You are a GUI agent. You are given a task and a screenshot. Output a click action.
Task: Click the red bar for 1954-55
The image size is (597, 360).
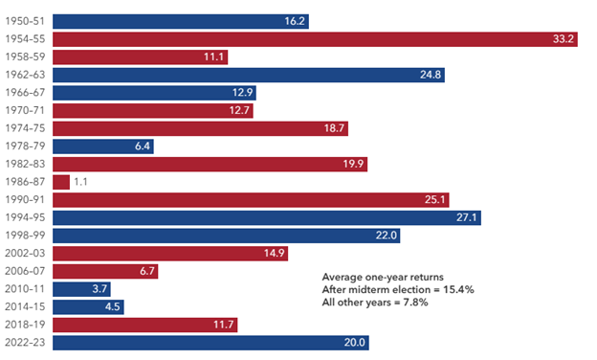(316, 39)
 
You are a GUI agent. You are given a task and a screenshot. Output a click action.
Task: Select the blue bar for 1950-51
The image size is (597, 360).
(181, 21)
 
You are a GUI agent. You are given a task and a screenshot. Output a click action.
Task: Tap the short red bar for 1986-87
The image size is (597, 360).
(61, 182)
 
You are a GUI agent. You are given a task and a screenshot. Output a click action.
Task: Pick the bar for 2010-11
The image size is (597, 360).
(82, 289)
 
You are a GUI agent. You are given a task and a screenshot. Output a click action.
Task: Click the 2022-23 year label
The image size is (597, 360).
(25, 343)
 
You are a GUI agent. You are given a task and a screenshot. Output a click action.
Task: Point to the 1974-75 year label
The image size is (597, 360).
(25, 128)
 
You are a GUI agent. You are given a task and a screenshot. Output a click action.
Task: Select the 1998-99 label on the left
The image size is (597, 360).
(25, 236)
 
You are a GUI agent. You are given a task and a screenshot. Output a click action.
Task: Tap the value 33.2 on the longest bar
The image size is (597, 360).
(564, 39)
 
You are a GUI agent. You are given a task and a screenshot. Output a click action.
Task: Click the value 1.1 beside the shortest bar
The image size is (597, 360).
(80, 182)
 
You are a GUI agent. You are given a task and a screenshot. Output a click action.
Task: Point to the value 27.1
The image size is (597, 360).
(467, 217)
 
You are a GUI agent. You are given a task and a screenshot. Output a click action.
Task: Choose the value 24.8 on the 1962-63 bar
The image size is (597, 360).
(431, 75)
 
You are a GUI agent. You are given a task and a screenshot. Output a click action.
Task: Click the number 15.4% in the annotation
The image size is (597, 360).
(458, 289)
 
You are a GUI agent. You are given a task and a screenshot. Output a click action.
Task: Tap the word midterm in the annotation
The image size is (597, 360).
(368, 289)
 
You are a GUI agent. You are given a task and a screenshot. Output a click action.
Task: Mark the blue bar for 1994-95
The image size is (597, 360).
(267, 217)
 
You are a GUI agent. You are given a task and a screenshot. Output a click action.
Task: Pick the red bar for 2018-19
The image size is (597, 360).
(145, 325)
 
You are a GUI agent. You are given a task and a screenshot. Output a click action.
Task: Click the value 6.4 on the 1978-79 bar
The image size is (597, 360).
(143, 146)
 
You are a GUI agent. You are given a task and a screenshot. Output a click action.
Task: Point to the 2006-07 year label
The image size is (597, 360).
(25, 271)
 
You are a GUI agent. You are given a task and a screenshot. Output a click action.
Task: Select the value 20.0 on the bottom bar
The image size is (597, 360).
(354, 343)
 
